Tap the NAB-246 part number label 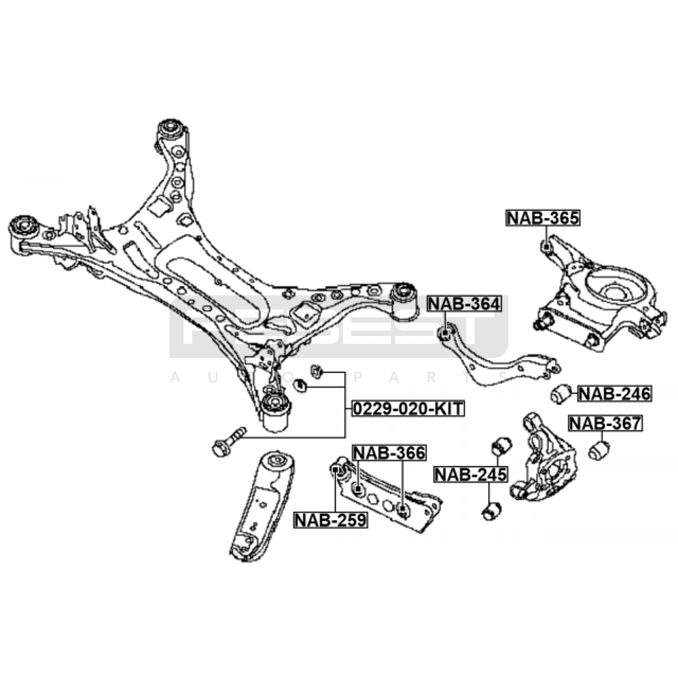point(614,394)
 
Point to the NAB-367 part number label point(605,423)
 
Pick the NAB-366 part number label point(389,453)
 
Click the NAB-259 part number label point(331,520)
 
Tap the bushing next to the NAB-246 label point(561,394)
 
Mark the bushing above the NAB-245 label point(501,446)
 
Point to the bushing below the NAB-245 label point(492,511)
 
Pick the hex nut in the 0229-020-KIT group point(300,385)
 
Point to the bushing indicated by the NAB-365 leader point(547,246)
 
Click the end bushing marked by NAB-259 point(336,470)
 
